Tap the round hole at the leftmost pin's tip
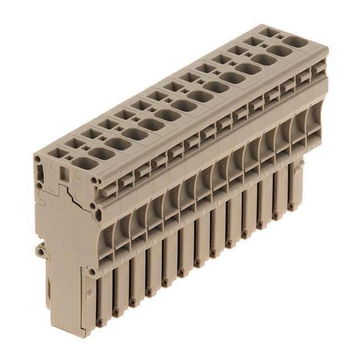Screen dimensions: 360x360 (100, 322)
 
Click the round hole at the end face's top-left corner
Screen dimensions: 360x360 (38, 159)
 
